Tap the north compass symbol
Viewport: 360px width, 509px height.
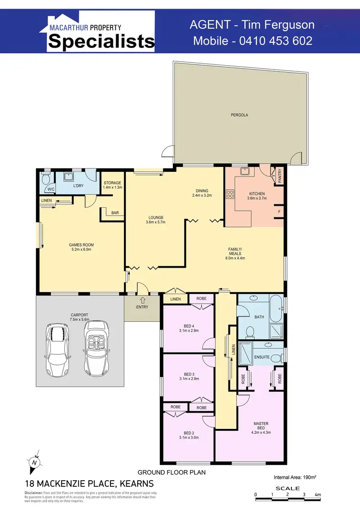[34, 462]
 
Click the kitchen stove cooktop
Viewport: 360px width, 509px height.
[230, 194]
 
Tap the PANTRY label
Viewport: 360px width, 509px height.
[279, 175]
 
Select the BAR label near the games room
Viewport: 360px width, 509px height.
[115, 213]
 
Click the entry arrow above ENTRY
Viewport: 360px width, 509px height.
[142, 300]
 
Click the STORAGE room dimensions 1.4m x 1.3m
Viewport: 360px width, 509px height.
[113, 188]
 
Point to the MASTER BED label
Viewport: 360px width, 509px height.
[261, 426]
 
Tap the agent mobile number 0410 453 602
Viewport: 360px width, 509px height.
[252, 41]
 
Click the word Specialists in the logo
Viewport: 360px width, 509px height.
[101, 41]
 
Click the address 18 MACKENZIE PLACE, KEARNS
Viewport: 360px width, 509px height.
[89, 484]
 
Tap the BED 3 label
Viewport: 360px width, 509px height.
[189, 374]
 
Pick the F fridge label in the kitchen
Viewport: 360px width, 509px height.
[279, 211]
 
